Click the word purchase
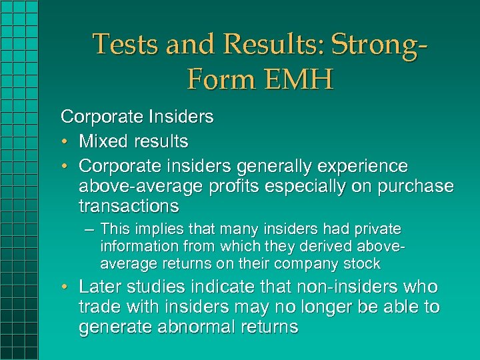tap(414, 185)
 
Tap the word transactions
tap(129, 205)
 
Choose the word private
tap(377, 229)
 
